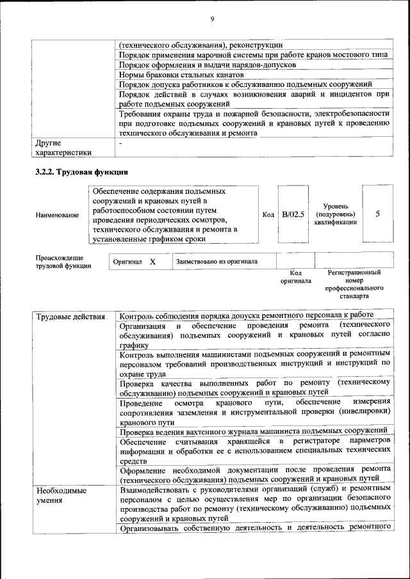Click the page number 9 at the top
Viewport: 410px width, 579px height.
pos(211,19)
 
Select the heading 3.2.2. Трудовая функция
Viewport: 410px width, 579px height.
pos(82,172)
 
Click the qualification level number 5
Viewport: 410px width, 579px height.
pos(377,214)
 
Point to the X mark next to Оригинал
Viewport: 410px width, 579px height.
pos(152,262)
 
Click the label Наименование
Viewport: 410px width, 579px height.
pos(58,215)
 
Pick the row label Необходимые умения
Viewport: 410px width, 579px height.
pos(61,495)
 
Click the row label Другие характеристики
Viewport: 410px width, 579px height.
pos(63,148)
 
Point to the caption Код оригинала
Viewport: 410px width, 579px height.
pos(295,276)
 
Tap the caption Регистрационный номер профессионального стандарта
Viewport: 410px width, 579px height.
pos(354,284)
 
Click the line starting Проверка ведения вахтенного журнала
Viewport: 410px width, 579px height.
pos(253,430)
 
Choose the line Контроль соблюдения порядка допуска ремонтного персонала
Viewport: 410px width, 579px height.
pos(246,315)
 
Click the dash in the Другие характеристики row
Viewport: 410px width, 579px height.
pos(120,144)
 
